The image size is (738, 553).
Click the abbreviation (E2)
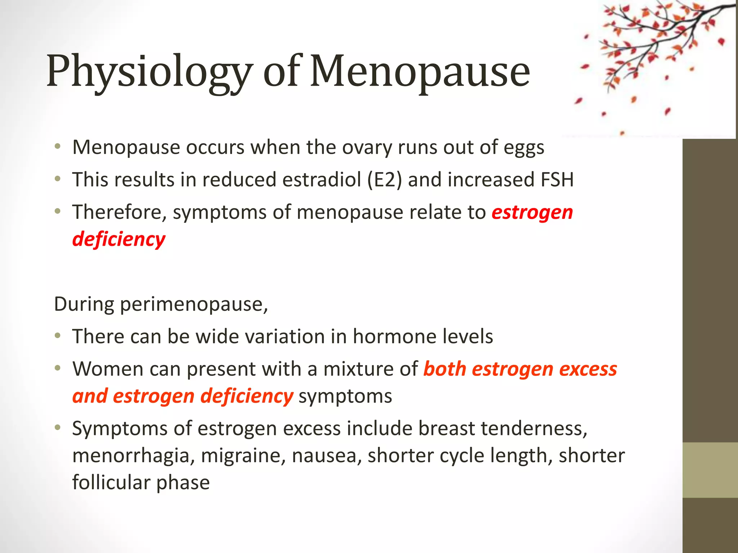pyautogui.click(x=384, y=180)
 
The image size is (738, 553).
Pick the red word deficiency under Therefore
pyautogui.click(x=119, y=239)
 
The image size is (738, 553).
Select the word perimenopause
pyautogui.click(x=194, y=305)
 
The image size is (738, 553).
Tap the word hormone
pyautogui.click(x=394, y=337)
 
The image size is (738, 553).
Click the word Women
pyautogui.click(x=108, y=369)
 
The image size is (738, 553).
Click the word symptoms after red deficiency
pyautogui.click(x=345, y=396)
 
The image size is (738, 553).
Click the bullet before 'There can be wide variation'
pyautogui.click(x=58, y=336)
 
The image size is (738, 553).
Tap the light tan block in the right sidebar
pyautogui.click(x=710, y=470)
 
